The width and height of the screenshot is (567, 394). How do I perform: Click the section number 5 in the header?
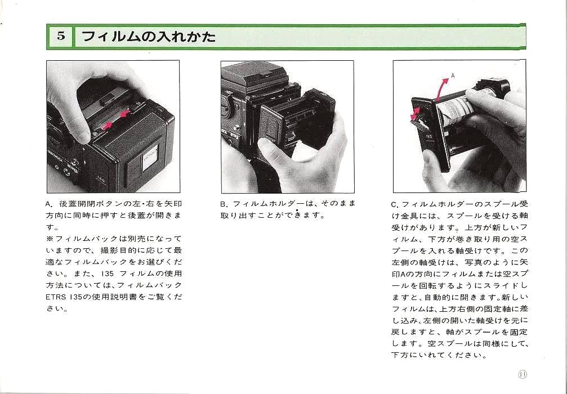[61, 36]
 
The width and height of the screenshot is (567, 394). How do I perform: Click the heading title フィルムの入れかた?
[149, 37]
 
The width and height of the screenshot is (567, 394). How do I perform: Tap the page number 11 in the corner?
[522, 374]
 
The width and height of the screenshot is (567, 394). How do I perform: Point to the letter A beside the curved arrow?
[453, 75]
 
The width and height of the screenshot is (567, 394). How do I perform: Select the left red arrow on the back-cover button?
[107, 126]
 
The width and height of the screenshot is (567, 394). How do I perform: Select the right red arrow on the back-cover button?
[124, 114]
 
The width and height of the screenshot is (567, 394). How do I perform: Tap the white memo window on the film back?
[150, 158]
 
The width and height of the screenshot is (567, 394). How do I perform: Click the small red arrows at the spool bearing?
[415, 113]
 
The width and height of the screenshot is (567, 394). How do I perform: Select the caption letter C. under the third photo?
[395, 205]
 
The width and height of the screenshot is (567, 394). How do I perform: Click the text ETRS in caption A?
[55, 297]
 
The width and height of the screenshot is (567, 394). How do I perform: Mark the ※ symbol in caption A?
[50, 239]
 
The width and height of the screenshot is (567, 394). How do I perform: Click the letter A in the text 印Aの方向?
[402, 274]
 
